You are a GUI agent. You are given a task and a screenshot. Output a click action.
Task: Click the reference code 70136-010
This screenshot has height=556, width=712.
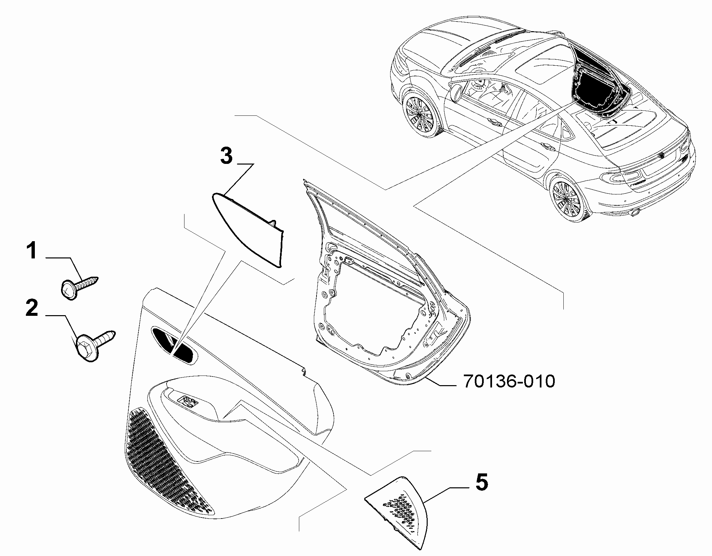point(509,382)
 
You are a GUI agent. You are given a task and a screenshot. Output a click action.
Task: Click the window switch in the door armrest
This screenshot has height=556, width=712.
point(187,403)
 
